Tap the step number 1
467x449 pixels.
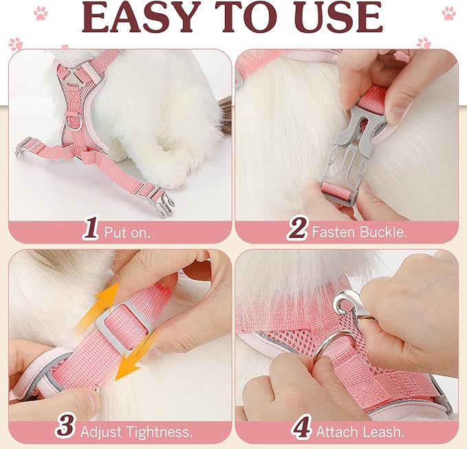90,229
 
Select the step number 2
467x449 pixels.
296,229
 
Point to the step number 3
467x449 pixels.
65,427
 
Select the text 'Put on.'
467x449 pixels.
127,232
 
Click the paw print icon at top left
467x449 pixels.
41,12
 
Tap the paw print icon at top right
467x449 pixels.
449,12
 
